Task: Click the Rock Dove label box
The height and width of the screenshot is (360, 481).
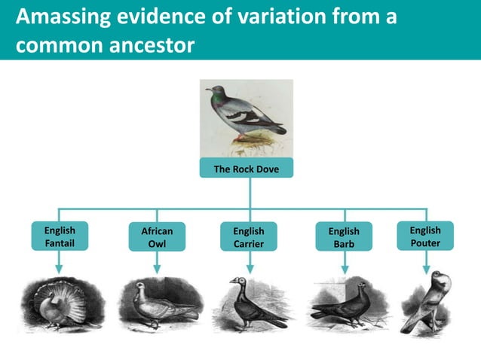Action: point(246,169)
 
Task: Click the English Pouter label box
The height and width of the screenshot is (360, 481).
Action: point(425,236)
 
